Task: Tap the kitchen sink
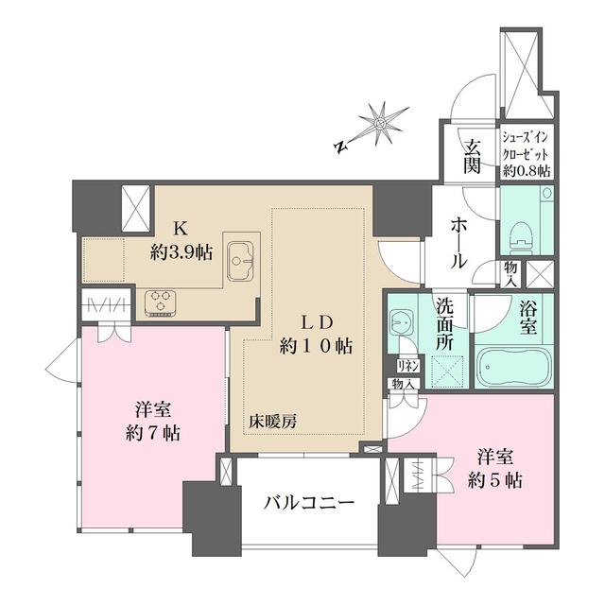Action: click(242, 256)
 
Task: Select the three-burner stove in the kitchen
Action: click(162, 303)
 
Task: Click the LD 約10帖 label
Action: click(316, 334)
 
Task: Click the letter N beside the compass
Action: click(339, 147)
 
